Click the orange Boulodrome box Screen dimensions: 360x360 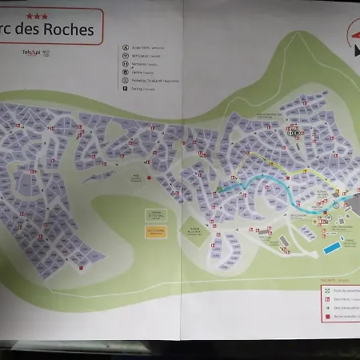(156, 231)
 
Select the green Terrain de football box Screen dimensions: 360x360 (154, 214)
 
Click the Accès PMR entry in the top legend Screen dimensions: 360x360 (138, 47)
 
